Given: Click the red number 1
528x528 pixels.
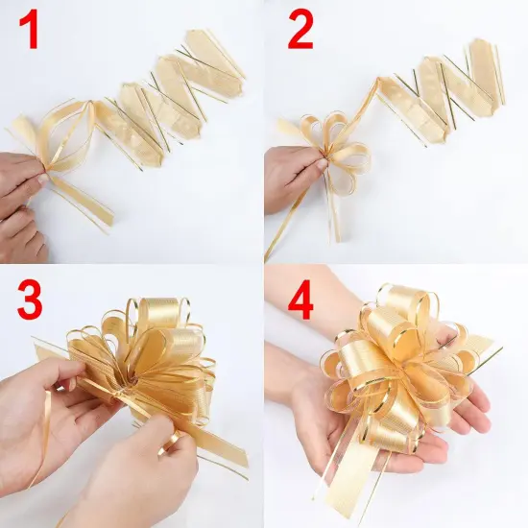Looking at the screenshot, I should [32, 33].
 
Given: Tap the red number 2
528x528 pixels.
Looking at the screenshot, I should [300, 32].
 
